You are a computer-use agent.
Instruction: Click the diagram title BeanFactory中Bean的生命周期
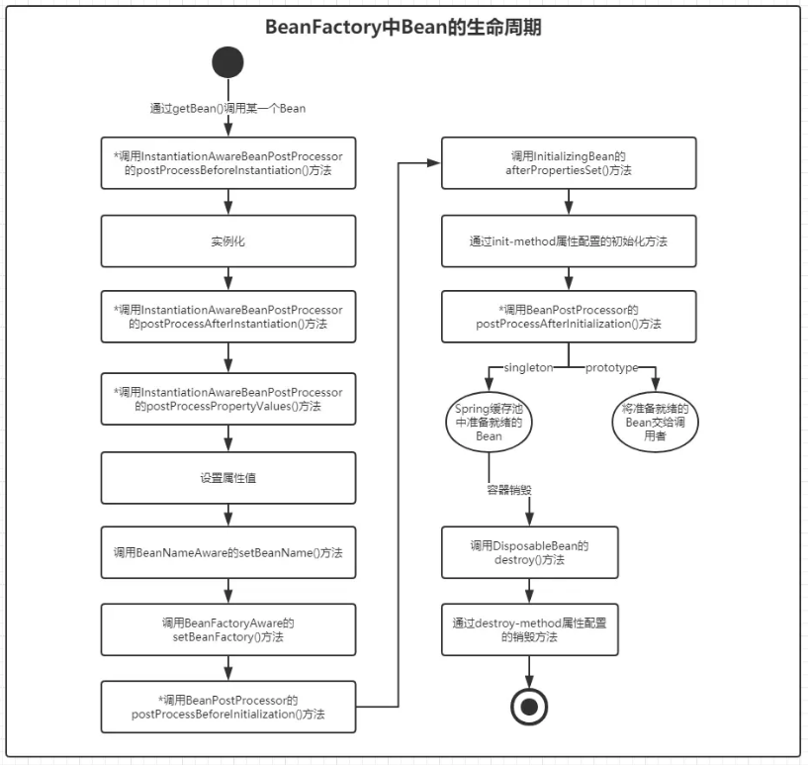(404, 28)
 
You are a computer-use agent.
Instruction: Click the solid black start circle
(227, 62)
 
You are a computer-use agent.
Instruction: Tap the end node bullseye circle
(529, 706)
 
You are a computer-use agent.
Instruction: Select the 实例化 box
(228, 239)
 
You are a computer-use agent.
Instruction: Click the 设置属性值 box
(228, 477)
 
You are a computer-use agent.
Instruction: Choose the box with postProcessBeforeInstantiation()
(228, 163)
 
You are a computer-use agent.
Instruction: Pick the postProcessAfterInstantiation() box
(228, 317)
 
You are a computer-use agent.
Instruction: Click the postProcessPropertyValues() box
(228, 399)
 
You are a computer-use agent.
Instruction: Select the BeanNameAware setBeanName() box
(228, 552)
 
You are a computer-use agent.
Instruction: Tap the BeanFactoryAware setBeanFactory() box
(228, 629)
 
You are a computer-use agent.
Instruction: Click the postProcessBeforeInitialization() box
(228, 706)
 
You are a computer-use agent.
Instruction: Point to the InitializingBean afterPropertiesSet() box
(569, 163)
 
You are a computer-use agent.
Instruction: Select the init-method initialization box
(569, 240)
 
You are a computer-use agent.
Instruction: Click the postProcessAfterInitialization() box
(569, 317)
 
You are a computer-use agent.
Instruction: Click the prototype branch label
(611, 368)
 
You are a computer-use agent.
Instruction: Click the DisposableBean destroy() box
(529, 552)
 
